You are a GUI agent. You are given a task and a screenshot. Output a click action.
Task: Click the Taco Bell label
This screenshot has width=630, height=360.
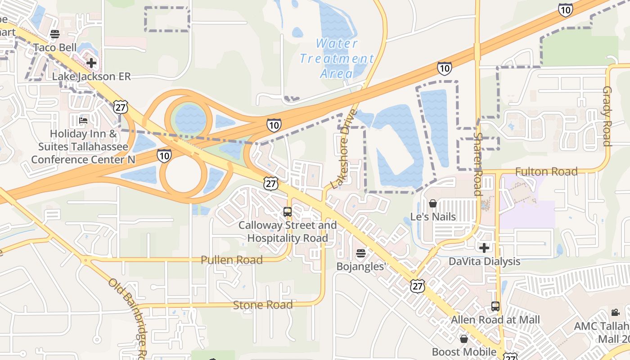(x=51, y=47)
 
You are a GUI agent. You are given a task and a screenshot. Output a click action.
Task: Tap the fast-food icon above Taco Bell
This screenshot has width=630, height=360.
(x=55, y=34)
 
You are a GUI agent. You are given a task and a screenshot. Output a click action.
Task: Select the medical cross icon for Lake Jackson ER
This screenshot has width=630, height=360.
(x=91, y=63)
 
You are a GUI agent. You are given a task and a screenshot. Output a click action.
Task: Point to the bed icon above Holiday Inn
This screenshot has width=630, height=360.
(x=83, y=121)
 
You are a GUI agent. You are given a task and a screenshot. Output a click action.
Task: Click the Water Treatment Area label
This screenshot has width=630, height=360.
(x=337, y=58)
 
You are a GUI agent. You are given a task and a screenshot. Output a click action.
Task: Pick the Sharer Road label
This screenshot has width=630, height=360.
(x=478, y=164)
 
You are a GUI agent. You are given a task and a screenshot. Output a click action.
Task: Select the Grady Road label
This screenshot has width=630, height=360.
(x=607, y=116)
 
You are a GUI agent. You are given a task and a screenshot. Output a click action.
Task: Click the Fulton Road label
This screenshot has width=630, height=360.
(x=546, y=171)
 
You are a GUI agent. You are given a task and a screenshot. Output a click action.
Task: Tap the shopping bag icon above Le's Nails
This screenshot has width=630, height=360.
(x=433, y=204)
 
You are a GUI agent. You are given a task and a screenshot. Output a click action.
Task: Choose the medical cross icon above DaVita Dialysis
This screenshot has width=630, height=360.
(x=484, y=248)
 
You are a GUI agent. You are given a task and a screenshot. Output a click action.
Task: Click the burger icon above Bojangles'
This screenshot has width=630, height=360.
(x=360, y=253)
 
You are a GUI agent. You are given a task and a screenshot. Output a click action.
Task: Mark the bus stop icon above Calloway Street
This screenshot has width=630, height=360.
(x=287, y=211)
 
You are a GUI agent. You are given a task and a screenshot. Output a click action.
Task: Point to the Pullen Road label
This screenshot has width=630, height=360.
(x=232, y=260)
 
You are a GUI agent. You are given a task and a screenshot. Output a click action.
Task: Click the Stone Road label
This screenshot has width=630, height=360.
(x=263, y=305)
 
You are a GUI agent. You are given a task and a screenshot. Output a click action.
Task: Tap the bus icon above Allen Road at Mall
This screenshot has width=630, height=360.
(x=495, y=306)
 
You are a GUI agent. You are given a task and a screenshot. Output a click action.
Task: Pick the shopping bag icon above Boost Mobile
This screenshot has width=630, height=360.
(x=464, y=339)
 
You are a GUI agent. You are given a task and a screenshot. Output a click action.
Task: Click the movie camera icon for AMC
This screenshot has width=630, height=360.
(x=615, y=312)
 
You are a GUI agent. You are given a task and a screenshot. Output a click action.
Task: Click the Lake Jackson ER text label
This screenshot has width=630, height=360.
(x=91, y=76)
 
